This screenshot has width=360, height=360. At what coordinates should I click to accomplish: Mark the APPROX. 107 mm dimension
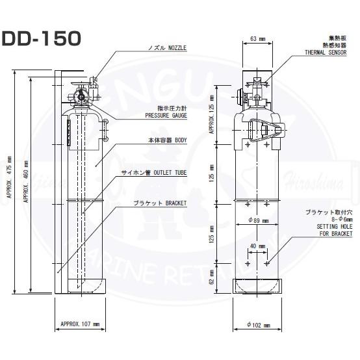80,323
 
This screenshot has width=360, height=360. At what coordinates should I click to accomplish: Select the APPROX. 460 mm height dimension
27,182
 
